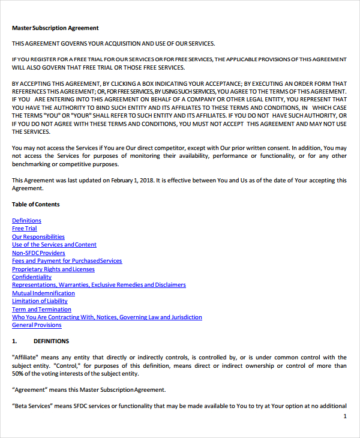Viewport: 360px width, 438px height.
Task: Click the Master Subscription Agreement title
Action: pyautogui.click(x=55, y=28)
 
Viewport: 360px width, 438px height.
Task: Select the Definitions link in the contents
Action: pyautogui.click(x=26, y=221)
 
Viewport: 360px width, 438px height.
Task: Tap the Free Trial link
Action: pyautogui.click(x=24, y=229)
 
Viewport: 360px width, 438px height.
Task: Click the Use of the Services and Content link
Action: pyautogui.click(x=54, y=245)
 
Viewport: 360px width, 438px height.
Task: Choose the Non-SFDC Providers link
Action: pyautogui.click(x=38, y=253)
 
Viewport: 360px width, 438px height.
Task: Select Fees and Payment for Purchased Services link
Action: pyautogui.click(x=67, y=261)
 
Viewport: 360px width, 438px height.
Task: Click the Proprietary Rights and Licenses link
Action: pyautogui.click(x=53, y=269)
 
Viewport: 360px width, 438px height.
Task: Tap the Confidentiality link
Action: pyautogui.click(x=32, y=277)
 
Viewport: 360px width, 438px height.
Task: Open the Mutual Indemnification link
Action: pyautogui.click(x=43, y=293)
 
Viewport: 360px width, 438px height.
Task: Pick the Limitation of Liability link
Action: pyautogui.click(x=40, y=301)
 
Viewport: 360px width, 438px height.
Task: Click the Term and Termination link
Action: pyautogui.click(x=41, y=310)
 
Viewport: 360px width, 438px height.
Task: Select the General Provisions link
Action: pyautogui.click(x=37, y=325)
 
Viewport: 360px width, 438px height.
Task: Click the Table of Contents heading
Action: pyautogui.click(x=35, y=205)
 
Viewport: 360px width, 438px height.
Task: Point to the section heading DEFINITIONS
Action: pyautogui.click(x=51, y=341)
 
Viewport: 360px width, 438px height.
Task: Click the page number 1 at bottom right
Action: pyautogui.click(x=344, y=416)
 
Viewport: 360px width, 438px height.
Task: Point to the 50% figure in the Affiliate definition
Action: pyautogui.click(x=19, y=374)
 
